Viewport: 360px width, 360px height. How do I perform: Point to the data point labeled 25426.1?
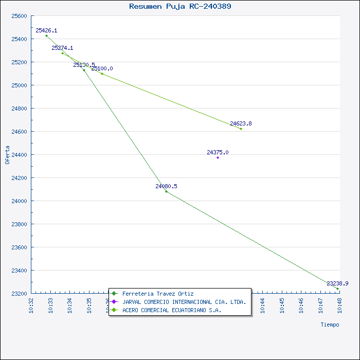click(47, 35)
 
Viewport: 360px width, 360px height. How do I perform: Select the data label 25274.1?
click(62, 48)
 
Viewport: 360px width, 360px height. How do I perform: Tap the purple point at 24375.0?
click(218, 157)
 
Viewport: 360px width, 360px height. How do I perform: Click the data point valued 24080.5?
click(166, 191)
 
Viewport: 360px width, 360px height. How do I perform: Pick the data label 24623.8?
click(241, 123)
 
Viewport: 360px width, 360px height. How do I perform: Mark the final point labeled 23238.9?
click(337, 289)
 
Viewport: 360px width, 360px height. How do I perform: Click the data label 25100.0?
click(102, 68)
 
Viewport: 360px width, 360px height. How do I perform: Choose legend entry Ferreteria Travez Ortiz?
click(158, 293)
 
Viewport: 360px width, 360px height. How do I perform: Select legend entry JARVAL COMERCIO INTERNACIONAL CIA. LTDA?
click(184, 301)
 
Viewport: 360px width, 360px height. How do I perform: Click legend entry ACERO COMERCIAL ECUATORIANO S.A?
click(172, 310)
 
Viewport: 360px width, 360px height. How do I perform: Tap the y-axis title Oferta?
click(7, 154)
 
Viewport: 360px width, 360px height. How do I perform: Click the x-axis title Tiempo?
click(330, 325)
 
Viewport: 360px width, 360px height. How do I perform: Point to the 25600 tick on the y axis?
click(19, 15)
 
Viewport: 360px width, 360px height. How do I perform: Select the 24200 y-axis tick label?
click(19, 177)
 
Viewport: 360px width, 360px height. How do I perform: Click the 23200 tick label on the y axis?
click(19, 293)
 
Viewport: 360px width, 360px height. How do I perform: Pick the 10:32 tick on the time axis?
click(31, 304)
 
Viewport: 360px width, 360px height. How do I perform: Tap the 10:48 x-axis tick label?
click(339, 304)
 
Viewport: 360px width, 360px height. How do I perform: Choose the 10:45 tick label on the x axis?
click(282, 304)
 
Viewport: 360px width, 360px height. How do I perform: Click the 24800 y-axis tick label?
click(19, 108)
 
